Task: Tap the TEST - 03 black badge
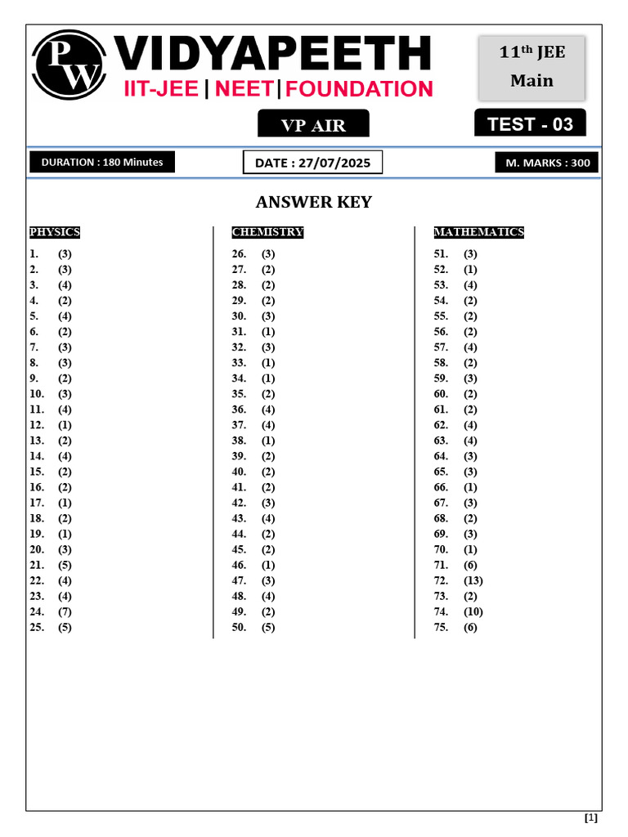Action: pos(530,124)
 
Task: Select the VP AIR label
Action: pos(313,125)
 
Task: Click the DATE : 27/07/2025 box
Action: pos(312,163)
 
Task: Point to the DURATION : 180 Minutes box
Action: pos(102,162)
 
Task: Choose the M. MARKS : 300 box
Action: pos(547,163)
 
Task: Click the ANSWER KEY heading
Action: pos(314,202)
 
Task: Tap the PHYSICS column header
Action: pos(55,232)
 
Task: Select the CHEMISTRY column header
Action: pos(267,232)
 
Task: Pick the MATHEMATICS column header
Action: pos(478,232)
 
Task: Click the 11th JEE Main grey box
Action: pos(532,67)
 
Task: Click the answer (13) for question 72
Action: pos(473,580)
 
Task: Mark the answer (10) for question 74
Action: pos(473,611)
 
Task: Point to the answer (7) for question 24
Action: pos(65,611)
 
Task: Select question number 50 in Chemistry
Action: pos(240,627)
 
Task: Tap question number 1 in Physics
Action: pos(34,253)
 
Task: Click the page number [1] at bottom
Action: pos(591,817)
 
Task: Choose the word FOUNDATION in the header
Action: pos(360,89)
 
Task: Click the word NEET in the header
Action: pos(245,89)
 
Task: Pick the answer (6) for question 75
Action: pos(470,627)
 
